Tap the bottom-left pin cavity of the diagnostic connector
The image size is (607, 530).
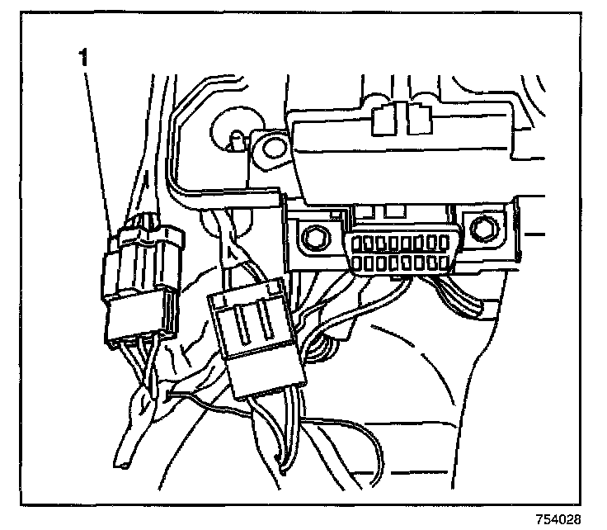tap(359, 264)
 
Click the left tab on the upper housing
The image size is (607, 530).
tap(382, 120)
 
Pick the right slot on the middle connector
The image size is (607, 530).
tap(266, 324)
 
